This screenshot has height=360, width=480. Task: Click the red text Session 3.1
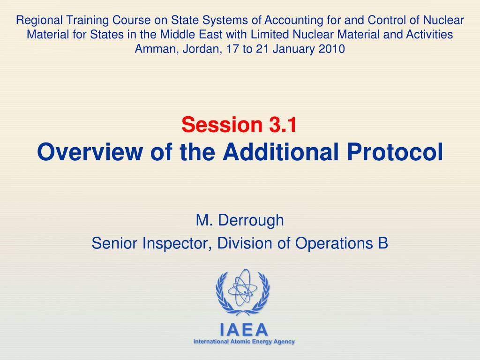click(x=239, y=125)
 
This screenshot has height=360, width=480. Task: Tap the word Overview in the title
click(x=90, y=152)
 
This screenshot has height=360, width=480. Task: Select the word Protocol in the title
click(x=395, y=152)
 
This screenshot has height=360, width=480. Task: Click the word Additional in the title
click(x=281, y=152)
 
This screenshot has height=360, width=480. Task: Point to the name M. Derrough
click(x=240, y=220)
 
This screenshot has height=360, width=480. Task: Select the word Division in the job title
click(x=245, y=243)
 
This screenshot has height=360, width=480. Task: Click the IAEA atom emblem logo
click(x=242, y=292)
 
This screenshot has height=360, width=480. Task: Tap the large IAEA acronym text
click(x=244, y=330)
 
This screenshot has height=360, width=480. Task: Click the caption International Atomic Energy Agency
click(x=244, y=342)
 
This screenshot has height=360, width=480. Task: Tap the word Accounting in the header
click(x=293, y=21)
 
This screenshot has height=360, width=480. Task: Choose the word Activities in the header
click(x=429, y=35)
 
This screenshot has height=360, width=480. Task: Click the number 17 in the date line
click(x=232, y=49)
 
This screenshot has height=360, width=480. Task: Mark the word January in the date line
click(x=294, y=49)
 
